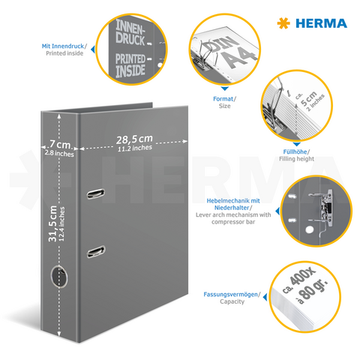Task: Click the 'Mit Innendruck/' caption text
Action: (x=64, y=46)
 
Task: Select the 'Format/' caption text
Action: (x=223, y=98)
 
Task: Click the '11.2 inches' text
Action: (x=135, y=148)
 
